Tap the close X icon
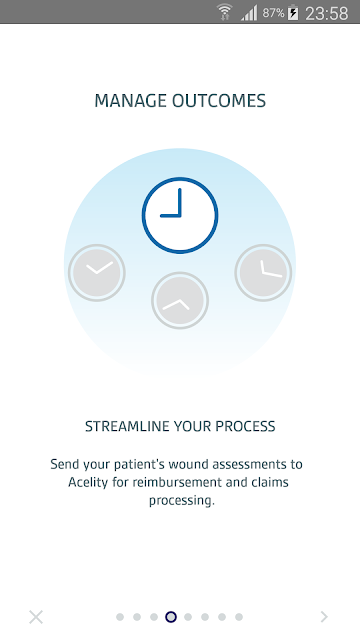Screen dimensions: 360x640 (36, 617)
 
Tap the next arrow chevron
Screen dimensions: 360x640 (324, 617)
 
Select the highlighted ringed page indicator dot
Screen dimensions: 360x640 (171, 617)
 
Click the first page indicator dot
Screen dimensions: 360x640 (120, 617)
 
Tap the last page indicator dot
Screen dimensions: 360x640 (239, 617)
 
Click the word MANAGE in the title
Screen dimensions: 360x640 (131, 101)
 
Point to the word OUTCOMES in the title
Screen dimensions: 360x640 (219, 101)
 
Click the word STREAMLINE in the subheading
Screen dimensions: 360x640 (127, 426)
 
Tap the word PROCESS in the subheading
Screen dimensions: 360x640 (245, 426)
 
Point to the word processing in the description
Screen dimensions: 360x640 (182, 501)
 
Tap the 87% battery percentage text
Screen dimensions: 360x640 (273, 13)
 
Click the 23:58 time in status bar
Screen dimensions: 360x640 (327, 13)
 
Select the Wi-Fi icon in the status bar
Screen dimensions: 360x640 (224, 12)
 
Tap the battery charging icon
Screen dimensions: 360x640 (293, 13)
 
